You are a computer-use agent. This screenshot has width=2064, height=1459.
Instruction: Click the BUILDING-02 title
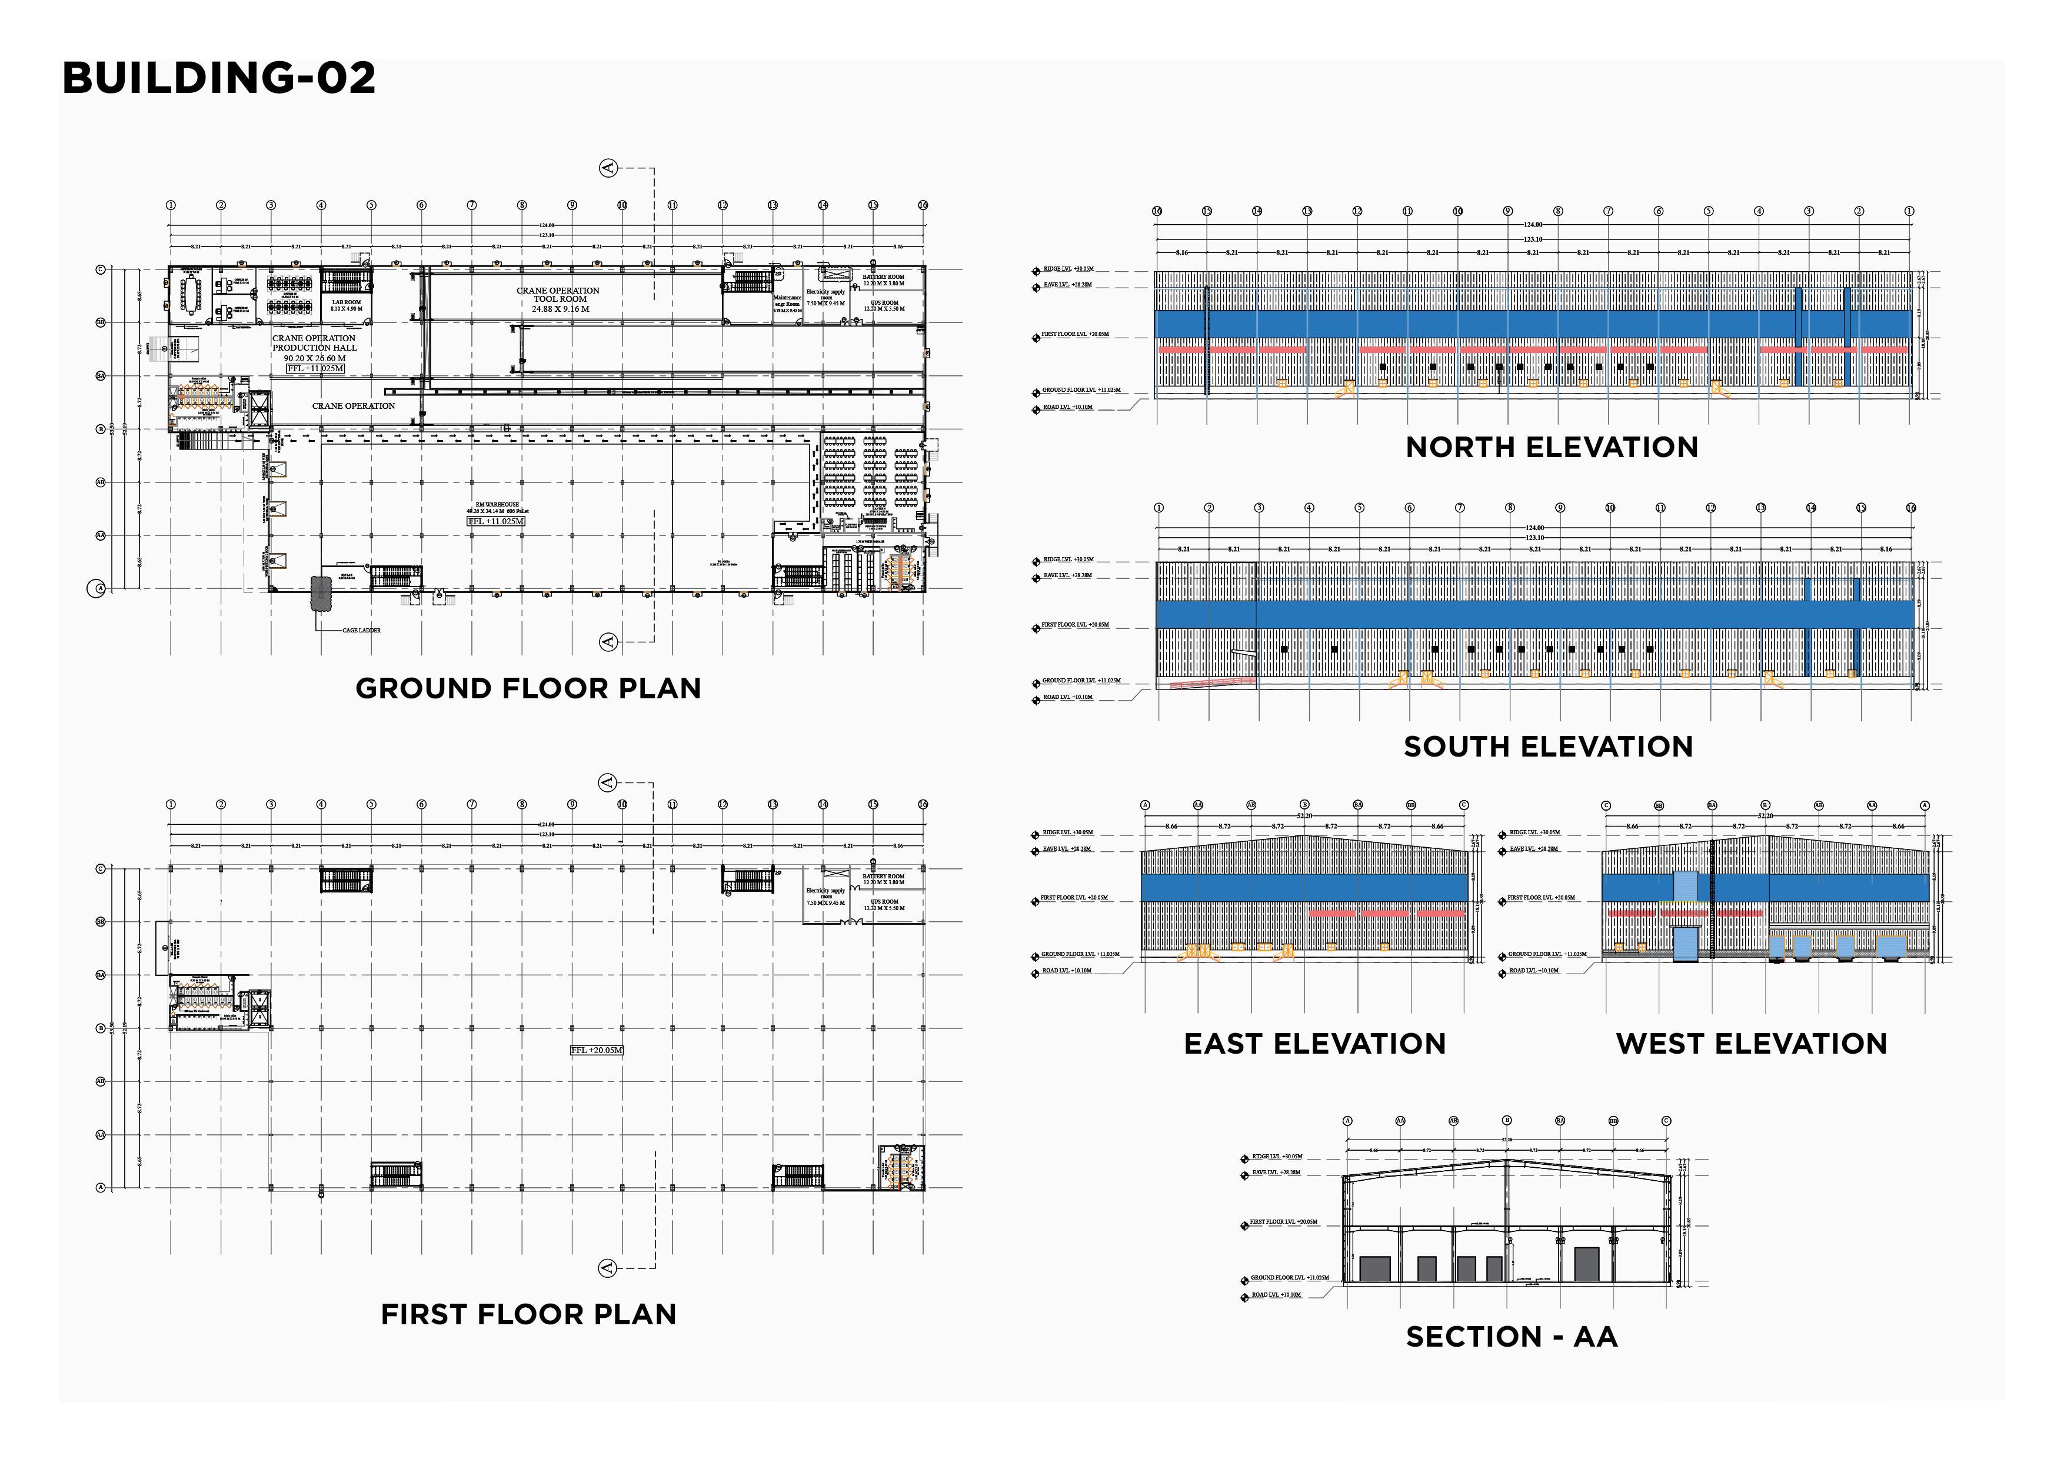[x=218, y=78]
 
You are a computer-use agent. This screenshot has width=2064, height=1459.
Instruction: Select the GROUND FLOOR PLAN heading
[x=528, y=688]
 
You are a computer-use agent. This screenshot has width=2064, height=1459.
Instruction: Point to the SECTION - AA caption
[x=1511, y=1337]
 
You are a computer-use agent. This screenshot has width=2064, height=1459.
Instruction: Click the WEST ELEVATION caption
[x=1751, y=1044]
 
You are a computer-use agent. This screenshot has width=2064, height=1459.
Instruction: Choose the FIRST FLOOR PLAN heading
[x=528, y=1314]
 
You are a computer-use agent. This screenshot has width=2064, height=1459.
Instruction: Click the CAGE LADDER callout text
[x=361, y=630]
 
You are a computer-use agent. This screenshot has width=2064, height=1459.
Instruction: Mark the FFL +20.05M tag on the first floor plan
[x=596, y=1050]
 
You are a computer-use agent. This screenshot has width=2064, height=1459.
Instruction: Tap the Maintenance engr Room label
[x=787, y=302]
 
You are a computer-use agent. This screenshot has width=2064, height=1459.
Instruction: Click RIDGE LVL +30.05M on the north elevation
[x=1068, y=269]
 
